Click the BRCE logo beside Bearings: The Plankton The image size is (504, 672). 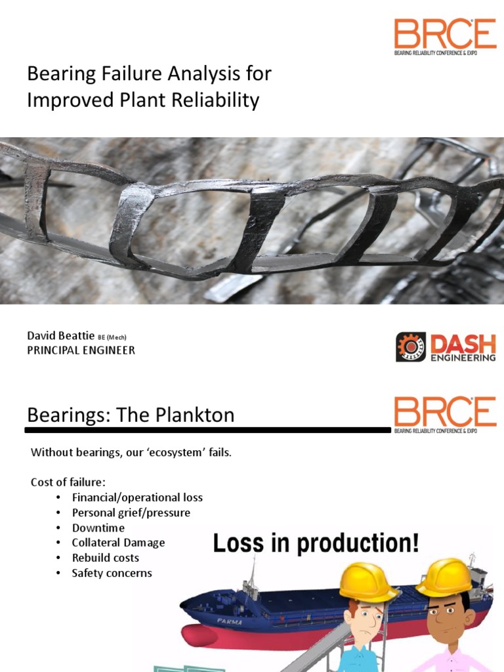click(445, 412)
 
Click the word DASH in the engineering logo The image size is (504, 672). click(463, 342)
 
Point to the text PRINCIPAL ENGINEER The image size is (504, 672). click(81, 350)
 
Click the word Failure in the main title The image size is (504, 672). click(135, 73)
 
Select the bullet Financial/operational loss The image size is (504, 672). click(137, 497)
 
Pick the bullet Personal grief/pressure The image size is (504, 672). click(131, 513)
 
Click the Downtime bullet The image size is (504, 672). click(98, 528)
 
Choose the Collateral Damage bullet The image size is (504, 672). click(119, 543)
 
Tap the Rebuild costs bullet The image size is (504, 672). click(106, 558)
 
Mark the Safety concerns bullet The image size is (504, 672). click(112, 573)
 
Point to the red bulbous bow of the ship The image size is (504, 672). click(199, 635)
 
